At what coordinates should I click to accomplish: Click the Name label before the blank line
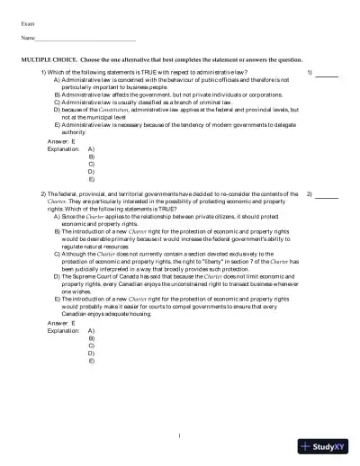coord(28,40)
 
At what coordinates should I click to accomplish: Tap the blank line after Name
coord(85,41)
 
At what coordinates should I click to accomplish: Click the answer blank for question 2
coord(327,197)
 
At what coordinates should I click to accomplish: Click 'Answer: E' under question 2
coord(58,321)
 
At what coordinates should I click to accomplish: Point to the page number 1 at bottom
coord(180,438)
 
